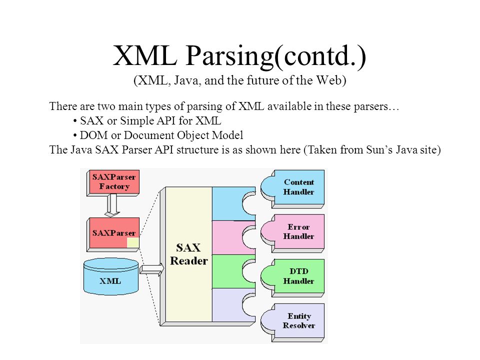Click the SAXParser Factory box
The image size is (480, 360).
tap(113, 183)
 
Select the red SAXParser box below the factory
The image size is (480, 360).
tap(113, 234)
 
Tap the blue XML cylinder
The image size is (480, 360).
tap(111, 276)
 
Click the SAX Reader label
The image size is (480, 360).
tap(188, 254)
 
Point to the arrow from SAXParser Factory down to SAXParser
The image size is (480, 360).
tap(112, 205)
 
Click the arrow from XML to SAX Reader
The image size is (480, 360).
tap(152, 269)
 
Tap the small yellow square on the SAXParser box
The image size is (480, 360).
tap(133, 242)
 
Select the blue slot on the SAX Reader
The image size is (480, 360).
tap(233, 203)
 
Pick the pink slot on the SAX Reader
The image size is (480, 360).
tap(233, 237)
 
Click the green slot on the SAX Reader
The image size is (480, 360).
tap(233, 271)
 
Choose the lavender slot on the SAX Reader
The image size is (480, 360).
tap(233, 305)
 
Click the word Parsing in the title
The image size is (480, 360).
tap(229, 56)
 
